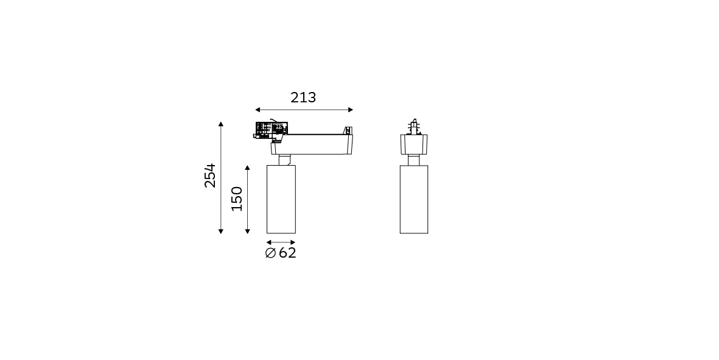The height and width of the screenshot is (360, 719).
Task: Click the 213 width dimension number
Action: (303, 97)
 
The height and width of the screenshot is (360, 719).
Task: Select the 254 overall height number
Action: (210, 175)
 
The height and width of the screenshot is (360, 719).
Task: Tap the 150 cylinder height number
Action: (237, 199)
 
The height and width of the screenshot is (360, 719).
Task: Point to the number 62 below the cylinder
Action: (287, 253)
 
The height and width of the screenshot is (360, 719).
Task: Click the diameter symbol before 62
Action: (270, 253)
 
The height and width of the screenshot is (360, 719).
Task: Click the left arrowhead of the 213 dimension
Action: (258, 110)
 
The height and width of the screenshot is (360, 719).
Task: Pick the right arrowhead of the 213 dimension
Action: (351, 110)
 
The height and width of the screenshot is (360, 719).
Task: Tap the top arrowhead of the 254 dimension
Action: (221, 124)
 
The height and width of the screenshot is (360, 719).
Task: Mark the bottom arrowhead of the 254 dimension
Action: (221, 231)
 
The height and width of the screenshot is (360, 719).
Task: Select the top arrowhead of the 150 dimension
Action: (248, 168)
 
